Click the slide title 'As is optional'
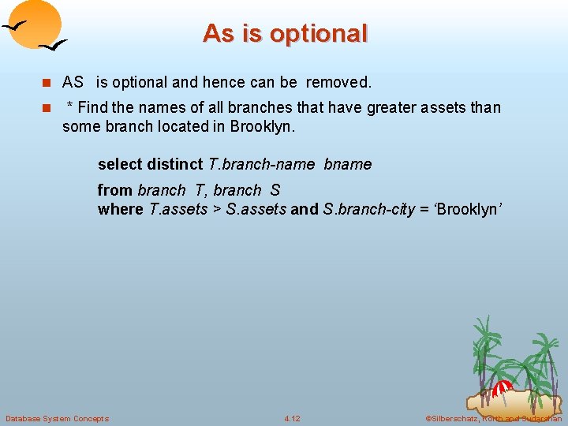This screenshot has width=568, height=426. pyautogui.click(x=285, y=33)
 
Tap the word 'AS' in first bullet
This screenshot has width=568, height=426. pyautogui.click(x=73, y=82)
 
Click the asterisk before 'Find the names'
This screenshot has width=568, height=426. pyautogui.click(x=70, y=106)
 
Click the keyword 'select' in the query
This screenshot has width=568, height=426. pyautogui.click(x=120, y=164)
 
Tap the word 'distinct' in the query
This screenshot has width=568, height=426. pyautogui.click(x=175, y=164)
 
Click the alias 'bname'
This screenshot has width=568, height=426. pyautogui.click(x=348, y=164)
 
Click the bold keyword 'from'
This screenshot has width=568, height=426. pyautogui.click(x=114, y=190)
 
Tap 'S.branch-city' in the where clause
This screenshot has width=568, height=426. pyautogui.click(x=368, y=209)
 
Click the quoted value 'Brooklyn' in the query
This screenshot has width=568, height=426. pyautogui.click(x=468, y=209)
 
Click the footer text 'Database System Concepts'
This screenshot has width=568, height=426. pyautogui.click(x=57, y=418)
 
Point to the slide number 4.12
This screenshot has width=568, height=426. pyautogui.click(x=292, y=418)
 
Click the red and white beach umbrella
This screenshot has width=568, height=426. pyautogui.click(x=502, y=387)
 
